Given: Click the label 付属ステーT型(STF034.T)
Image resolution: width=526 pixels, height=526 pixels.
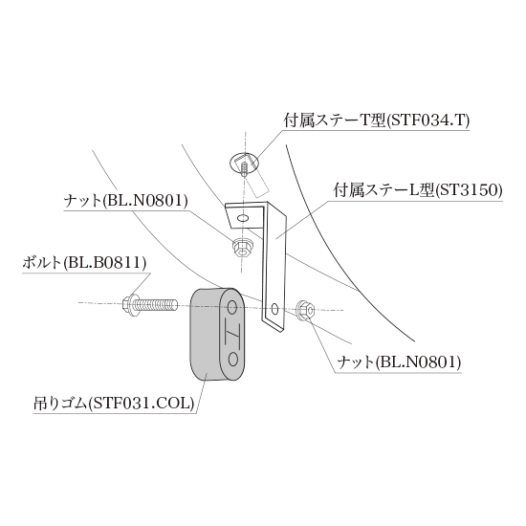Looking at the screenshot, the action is tap(377, 121).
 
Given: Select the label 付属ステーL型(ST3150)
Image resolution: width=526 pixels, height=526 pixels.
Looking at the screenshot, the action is tap(418, 191).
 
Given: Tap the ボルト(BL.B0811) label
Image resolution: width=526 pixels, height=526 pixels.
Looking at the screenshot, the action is tap(84, 263).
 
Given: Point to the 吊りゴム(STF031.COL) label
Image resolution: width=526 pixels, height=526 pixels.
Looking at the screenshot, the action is tap(114, 404).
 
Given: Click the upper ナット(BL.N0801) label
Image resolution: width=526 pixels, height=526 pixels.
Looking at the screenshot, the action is tap(126, 201).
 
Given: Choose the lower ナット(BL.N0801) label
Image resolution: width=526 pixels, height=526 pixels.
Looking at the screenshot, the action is tap(399, 362).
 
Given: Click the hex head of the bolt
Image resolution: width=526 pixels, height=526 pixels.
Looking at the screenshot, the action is tap(129, 304).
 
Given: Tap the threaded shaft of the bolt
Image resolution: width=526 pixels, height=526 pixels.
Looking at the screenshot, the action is tap(156, 305).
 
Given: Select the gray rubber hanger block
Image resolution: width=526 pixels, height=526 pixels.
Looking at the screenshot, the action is tap(217, 335).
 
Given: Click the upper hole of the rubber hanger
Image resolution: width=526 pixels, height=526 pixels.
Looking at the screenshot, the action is tap(232, 306).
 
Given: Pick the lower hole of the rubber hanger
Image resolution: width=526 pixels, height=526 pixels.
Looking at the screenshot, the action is tap(232, 359).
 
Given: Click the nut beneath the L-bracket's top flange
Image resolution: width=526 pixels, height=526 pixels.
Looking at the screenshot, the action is tap(243, 248).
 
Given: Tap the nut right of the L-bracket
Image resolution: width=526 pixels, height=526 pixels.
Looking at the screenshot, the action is tap(305, 310).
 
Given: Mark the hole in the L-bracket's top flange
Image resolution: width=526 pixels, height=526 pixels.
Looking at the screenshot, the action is tap(243, 219).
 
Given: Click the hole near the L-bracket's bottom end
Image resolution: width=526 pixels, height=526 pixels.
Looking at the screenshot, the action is tap(274, 309).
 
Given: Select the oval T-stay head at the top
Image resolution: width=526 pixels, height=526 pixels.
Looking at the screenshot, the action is tap(245, 163).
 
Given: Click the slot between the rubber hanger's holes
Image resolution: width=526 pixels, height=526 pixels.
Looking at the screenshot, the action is tap(232, 333).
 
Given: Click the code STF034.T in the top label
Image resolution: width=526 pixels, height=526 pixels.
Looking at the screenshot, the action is tap(430, 121).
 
